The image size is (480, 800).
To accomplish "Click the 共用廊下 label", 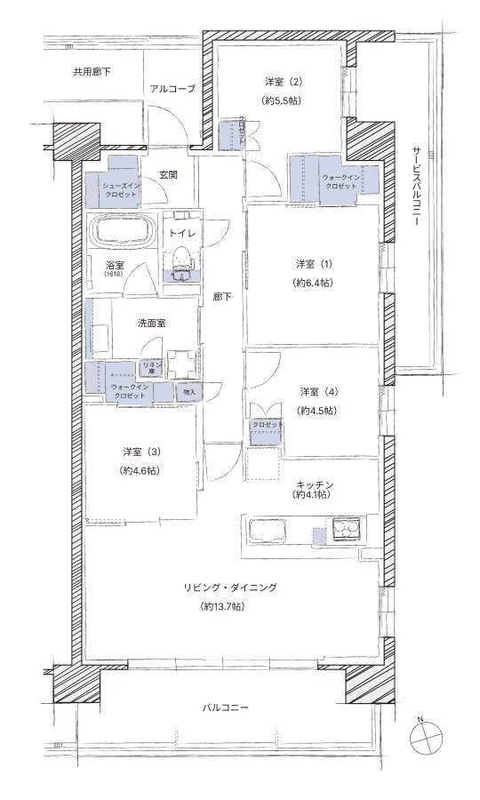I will coord(92,71).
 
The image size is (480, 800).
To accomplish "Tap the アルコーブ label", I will coord(172,89).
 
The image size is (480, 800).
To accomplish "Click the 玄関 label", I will coord(169,174).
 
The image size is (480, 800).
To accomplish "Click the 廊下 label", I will coord(222,298).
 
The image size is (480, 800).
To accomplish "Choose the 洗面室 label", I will coord(151,323).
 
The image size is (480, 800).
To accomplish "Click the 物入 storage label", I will coord(189,391).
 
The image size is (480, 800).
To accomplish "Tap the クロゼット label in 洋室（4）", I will coord(267,426).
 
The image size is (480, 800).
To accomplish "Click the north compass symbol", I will coord(427,736).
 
